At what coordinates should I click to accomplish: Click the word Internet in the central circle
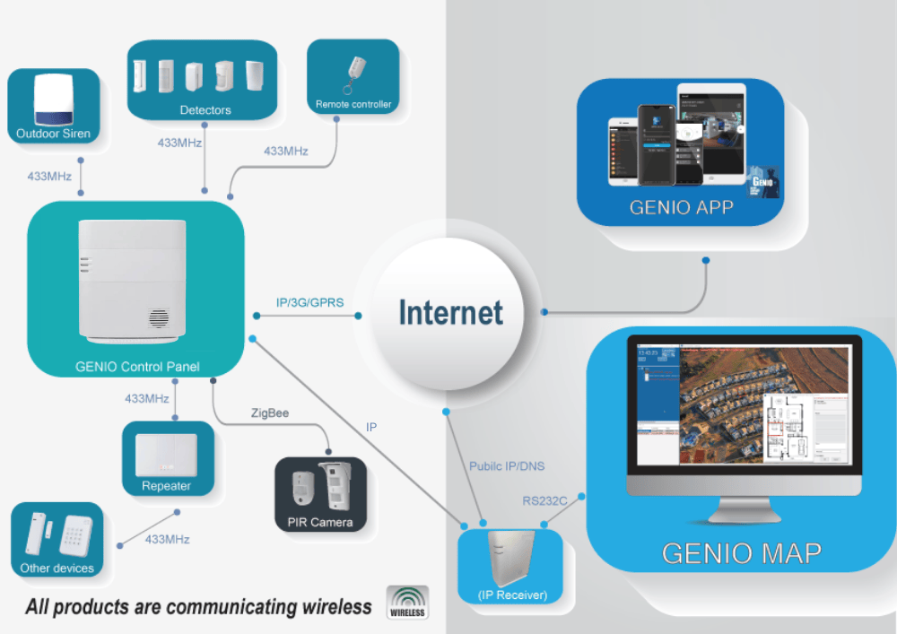click(450, 313)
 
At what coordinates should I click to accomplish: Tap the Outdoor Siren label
click(53, 134)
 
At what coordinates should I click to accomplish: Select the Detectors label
click(205, 109)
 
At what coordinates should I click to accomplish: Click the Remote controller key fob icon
click(357, 72)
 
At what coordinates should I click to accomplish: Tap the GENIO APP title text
click(681, 207)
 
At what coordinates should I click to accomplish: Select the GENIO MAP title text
click(741, 552)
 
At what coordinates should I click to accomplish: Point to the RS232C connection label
click(544, 500)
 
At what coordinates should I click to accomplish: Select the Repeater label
click(167, 486)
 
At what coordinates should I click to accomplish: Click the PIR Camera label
click(320, 522)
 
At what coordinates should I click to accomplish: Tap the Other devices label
click(57, 569)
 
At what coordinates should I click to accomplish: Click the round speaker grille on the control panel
click(159, 318)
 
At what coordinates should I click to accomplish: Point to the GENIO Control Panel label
click(137, 366)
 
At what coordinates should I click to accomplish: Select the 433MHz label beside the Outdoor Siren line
click(48, 177)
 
